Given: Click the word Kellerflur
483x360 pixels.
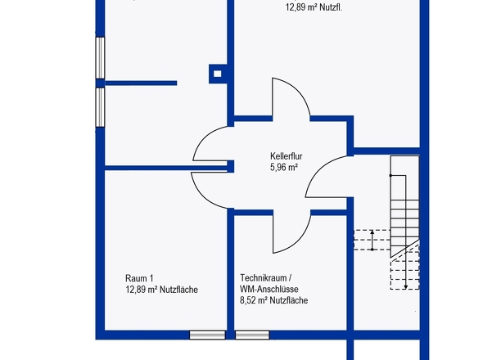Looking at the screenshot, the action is [287, 156].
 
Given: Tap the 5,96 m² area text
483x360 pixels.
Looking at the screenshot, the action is [284, 167].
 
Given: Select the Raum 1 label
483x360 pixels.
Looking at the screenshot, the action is [139, 278].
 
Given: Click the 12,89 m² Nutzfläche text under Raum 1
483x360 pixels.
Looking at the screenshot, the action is [161, 290].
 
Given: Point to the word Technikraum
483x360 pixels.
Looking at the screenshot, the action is [264, 278].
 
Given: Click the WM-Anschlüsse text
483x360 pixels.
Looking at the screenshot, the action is [269, 289].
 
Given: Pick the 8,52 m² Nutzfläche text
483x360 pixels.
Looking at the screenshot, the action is [274, 300].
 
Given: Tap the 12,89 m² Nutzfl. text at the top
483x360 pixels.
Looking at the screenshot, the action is [314, 7].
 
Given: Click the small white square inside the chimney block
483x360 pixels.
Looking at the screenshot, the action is [218, 74].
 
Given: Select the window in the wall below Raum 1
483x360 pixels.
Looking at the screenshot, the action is [207, 335].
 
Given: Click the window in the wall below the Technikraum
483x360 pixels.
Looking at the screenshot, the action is [252, 335].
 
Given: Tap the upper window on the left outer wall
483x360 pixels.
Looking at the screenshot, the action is [100, 57].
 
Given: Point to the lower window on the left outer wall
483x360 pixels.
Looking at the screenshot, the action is [100, 107].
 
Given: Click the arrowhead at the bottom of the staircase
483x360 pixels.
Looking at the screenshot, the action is [406, 287].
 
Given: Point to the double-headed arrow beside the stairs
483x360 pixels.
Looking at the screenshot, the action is [372, 241].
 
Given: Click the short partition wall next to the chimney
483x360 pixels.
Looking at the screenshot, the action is [141, 83].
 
